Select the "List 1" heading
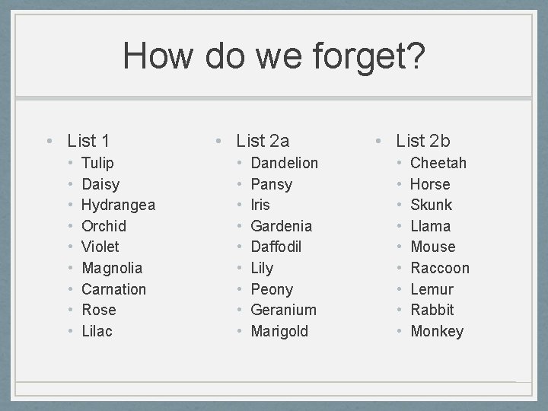[x=88, y=141]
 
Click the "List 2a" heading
[x=263, y=141]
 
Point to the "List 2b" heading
[x=422, y=141]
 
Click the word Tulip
[x=97, y=163]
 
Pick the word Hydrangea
[x=118, y=205]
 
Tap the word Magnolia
[x=112, y=268]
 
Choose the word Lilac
[x=97, y=331]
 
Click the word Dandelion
[x=285, y=163]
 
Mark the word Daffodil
[x=276, y=247]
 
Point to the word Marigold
[x=279, y=331]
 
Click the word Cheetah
[x=438, y=163]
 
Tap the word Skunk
[x=431, y=205]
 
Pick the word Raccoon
[x=440, y=268]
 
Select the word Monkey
[x=437, y=331]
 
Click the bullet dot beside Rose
[x=70, y=311]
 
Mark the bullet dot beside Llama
[x=399, y=226]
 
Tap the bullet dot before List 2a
[x=218, y=142]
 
